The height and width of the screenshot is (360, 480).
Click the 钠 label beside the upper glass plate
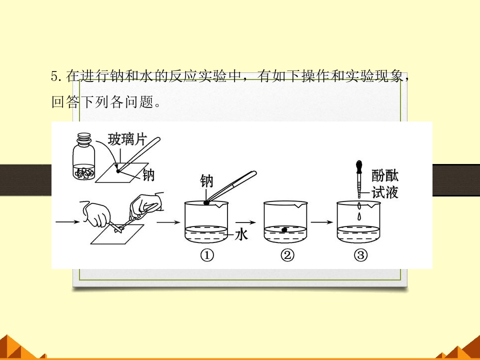148,175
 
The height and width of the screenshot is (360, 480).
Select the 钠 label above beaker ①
206,181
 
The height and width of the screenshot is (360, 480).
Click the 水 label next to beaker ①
241,235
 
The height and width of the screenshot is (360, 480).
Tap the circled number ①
207,255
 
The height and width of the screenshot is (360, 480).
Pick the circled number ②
287,255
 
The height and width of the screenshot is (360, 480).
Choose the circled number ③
360,255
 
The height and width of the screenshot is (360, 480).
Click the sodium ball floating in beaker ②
284,229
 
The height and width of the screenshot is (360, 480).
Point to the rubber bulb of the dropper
359,167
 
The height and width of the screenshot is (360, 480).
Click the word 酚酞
385,175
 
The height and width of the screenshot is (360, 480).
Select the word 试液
385,192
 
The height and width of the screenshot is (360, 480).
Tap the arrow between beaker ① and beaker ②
245,222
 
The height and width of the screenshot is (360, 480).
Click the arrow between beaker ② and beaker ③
322,222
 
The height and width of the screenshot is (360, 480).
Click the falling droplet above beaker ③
359,216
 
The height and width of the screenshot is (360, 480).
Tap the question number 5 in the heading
54,76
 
